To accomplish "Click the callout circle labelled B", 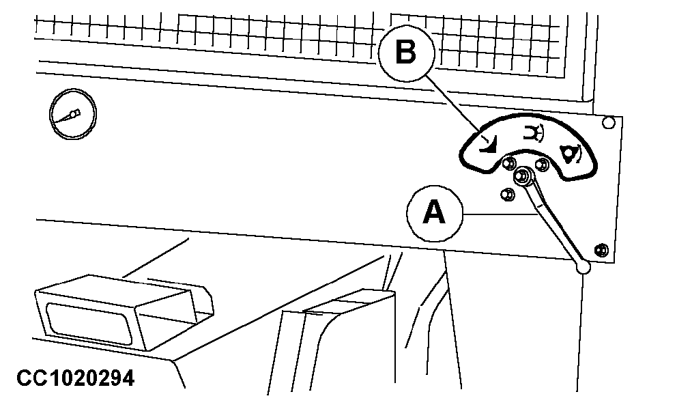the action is point(406,53).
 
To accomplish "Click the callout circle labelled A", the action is point(434,214).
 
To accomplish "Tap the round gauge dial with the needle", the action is point(73,114).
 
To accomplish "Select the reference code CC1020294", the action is point(76,378).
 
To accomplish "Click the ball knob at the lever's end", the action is point(584,267).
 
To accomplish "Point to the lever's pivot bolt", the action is point(523,176).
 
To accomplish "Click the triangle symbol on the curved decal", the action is point(571,154).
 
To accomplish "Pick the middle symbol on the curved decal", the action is point(533,132).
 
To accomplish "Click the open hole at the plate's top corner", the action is point(608,123).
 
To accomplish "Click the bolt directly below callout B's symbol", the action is point(509,163).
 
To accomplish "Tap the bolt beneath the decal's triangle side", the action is point(543,164).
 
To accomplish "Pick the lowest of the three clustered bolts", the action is point(507,194).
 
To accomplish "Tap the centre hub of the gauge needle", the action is point(74,113).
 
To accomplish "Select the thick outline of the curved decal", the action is point(528,115).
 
